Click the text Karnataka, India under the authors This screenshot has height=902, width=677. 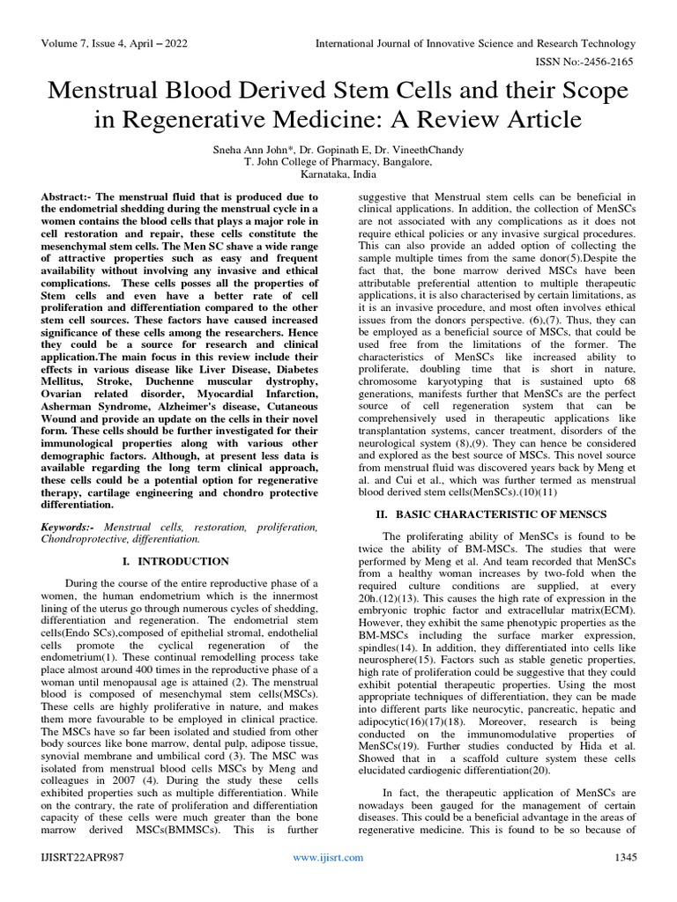click(338, 174)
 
